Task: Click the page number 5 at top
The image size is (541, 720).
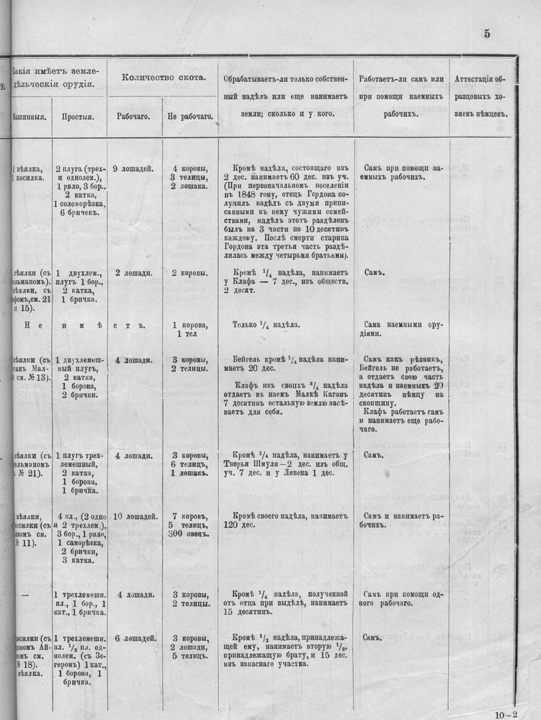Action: point(488,34)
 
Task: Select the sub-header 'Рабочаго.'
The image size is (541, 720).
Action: point(133,114)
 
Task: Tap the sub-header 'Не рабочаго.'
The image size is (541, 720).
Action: point(189,115)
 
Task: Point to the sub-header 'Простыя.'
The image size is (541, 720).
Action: point(76,115)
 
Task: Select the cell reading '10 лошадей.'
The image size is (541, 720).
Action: point(133,517)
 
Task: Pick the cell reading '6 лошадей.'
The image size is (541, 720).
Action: point(133,639)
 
